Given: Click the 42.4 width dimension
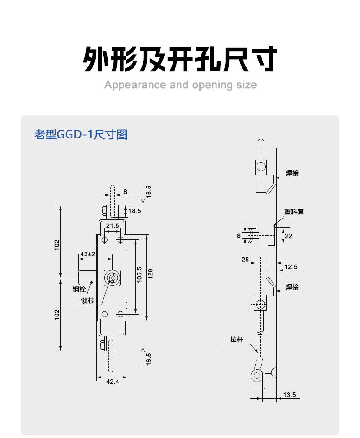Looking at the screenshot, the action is coord(113,381).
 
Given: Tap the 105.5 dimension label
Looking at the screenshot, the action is coord(139,275).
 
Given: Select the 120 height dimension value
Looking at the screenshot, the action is coord(150,274).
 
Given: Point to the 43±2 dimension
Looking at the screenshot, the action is coord(88,254).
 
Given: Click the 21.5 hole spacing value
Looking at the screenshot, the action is coord(113,226).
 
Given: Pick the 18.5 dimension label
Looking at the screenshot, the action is coord(135,211).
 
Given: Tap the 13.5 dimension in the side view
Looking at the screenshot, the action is coord(289,395).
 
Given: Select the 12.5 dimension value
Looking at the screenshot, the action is coord(291,267).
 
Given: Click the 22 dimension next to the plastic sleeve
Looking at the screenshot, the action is coord(288,236).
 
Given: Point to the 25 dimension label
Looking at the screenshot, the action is coord(245,260).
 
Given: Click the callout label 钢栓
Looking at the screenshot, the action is coord(79,290).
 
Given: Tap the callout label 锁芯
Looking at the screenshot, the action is coord(87,300).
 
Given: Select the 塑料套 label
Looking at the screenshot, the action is coord(294,212).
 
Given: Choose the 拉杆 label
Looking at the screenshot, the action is coord(237,339).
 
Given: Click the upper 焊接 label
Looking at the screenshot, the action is coord(292,173).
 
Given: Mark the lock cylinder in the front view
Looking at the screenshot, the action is coord(113,278).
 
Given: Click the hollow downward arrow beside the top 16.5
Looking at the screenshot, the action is coord(143,194).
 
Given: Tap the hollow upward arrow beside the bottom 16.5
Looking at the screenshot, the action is coord(143,357).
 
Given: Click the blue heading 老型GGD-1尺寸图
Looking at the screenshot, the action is coord(81,134).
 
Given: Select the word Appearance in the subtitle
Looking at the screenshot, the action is coord(135,85).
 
